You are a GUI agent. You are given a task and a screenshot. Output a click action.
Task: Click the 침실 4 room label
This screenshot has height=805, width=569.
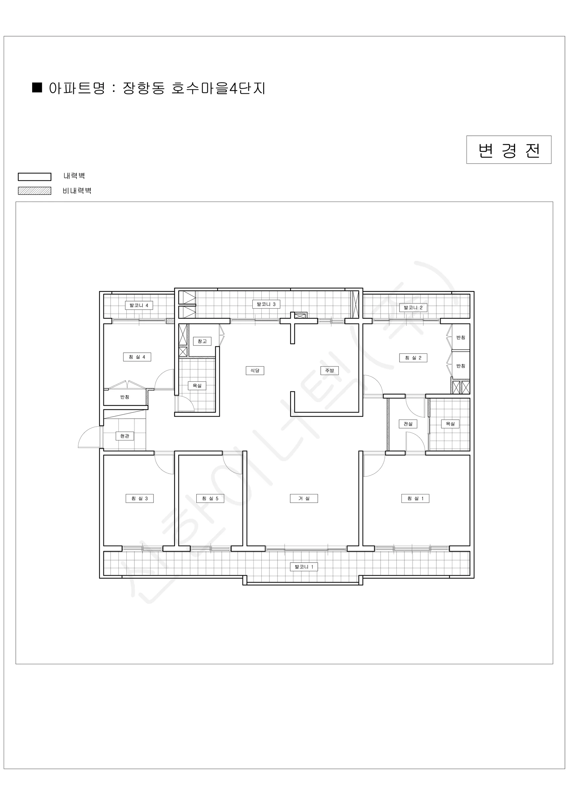[x=137, y=357]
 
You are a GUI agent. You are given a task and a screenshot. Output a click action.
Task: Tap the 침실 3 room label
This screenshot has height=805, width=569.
[x=139, y=498]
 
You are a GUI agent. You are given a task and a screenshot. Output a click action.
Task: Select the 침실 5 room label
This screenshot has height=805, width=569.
[x=210, y=498]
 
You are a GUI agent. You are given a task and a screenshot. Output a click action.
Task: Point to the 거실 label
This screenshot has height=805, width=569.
[x=304, y=498]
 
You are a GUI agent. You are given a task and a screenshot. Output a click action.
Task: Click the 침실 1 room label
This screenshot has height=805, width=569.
[x=415, y=498]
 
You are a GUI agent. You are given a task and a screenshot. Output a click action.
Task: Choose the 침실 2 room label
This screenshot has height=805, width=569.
[x=413, y=358]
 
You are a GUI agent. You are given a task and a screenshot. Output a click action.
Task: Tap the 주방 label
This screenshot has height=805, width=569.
[x=329, y=371]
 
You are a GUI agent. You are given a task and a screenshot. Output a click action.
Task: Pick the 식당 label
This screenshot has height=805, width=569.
[x=255, y=371]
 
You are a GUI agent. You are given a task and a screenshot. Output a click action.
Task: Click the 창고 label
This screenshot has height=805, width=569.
[x=202, y=341]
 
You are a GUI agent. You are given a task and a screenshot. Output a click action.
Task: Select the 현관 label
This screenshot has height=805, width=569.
[x=125, y=436]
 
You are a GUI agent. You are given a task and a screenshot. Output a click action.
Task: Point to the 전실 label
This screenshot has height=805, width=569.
[x=408, y=424]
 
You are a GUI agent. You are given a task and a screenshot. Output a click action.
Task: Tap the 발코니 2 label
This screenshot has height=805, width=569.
[x=413, y=308]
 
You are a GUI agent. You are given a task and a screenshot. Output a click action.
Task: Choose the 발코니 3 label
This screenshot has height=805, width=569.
[x=266, y=304]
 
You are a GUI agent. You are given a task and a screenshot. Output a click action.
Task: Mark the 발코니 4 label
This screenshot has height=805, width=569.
[x=139, y=305]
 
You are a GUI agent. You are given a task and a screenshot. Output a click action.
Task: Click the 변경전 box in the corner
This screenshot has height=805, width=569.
[x=509, y=150]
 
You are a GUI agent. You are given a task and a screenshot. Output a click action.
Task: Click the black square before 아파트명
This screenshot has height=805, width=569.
[x=37, y=87]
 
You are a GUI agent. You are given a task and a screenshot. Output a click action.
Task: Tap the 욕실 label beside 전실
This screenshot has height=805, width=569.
[x=450, y=424]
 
